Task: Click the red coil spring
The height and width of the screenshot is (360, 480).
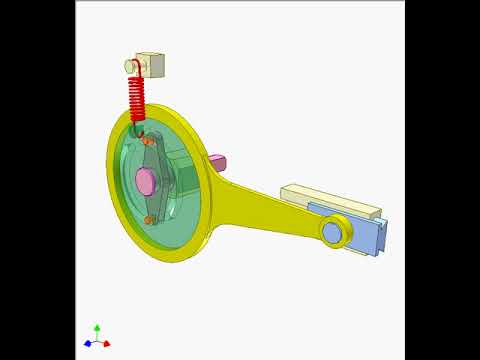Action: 136,100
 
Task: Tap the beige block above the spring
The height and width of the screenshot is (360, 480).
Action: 152,65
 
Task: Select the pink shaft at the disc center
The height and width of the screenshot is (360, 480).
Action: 145,181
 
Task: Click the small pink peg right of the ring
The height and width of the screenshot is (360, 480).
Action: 216,162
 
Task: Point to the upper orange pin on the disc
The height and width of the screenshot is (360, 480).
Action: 147,141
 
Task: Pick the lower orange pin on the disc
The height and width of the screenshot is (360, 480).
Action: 149,219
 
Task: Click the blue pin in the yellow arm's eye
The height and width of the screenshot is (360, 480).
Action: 331,232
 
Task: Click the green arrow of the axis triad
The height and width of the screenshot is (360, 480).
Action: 97,329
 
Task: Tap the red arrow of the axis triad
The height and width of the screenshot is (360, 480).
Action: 106,343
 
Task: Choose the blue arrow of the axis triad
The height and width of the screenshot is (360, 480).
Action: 88,343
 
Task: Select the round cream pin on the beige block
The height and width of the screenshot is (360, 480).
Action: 131,66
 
